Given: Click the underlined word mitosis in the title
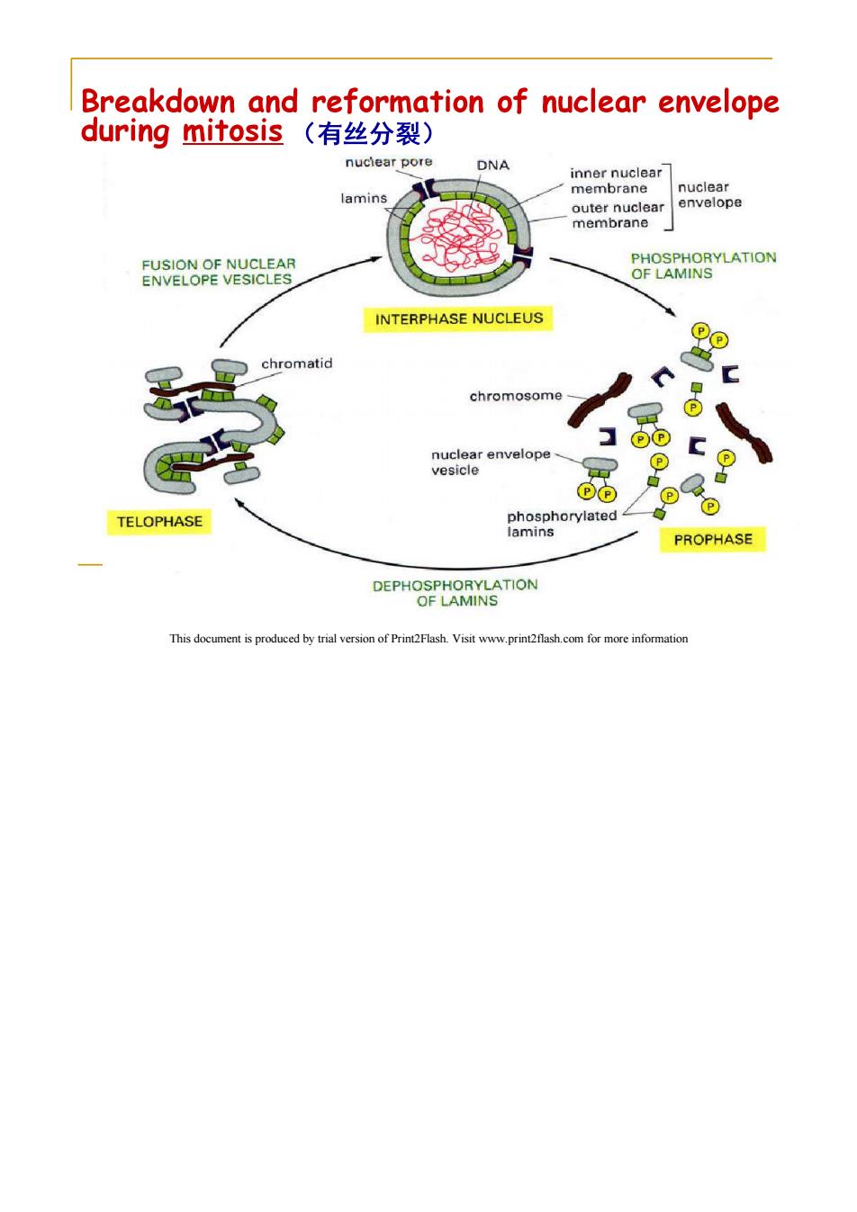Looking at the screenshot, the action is [233, 132].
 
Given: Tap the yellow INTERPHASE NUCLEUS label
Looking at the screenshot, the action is [458, 319].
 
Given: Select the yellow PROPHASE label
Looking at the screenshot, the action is [712, 540].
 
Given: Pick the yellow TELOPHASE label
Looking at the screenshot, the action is [159, 522].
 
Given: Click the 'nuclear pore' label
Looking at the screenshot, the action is [389, 162].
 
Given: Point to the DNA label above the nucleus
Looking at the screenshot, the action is [492, 165].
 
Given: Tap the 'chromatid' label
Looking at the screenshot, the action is [297, 364].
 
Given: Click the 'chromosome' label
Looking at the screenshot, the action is [516, 396].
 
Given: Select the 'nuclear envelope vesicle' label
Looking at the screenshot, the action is [491, 462].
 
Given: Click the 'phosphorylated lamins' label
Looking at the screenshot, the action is [562, 524].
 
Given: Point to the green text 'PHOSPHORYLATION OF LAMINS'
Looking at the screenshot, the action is [703, 265].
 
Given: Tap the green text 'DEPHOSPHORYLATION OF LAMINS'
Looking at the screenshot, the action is [456, 593].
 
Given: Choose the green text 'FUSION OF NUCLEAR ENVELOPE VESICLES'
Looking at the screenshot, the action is [219, 272].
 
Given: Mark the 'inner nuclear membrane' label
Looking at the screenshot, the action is [616, 181].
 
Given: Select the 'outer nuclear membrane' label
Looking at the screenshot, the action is [618, 215].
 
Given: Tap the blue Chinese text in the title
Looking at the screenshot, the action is [369, 133].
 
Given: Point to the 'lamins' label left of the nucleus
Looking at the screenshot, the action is [364, 199].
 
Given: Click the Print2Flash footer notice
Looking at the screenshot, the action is [428, 639].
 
